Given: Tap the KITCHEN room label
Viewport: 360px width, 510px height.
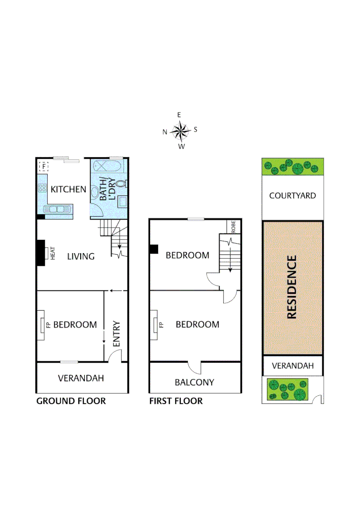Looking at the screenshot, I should (x=68, y=189).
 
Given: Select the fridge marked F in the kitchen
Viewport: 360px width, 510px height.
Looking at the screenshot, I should (x=44, y=166).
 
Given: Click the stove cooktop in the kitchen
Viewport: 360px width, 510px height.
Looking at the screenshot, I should (x=42, y=188).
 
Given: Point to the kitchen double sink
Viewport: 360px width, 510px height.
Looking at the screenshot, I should (x=57, y=209).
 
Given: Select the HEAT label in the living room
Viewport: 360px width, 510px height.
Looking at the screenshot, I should (x=53, y=254).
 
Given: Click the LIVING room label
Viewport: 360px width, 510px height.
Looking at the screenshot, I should (x=81, y=256).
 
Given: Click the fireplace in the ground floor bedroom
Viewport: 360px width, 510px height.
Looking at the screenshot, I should (x=42, y=325).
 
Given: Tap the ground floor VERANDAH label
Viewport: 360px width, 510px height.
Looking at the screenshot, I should (x=81, y=378).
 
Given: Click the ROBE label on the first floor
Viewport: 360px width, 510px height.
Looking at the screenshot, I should (x=233, y=226).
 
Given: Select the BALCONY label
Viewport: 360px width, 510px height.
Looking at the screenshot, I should (x=194, y=382).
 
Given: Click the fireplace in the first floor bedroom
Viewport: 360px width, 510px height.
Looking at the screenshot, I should (x=155, y=325).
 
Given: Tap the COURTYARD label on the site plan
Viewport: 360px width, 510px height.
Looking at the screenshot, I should (x=293, y=195).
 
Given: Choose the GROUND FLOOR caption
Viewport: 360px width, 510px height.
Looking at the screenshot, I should (x=71, y=401).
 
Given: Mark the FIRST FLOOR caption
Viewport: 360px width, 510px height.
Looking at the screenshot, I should (x=176, y=401).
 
